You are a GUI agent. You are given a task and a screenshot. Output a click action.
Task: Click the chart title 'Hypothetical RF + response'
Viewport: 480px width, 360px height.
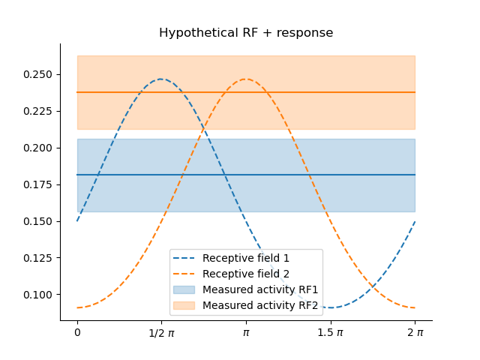pos(246,33)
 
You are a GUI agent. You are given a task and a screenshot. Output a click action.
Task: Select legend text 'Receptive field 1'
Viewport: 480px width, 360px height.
pos(246,259)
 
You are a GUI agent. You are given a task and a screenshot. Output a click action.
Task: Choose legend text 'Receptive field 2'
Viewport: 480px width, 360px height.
pos(246,274)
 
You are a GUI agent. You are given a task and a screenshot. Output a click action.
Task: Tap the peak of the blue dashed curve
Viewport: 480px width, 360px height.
pos(161,79)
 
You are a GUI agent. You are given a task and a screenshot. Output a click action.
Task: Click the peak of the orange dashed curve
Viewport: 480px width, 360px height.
pos(246,79)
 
